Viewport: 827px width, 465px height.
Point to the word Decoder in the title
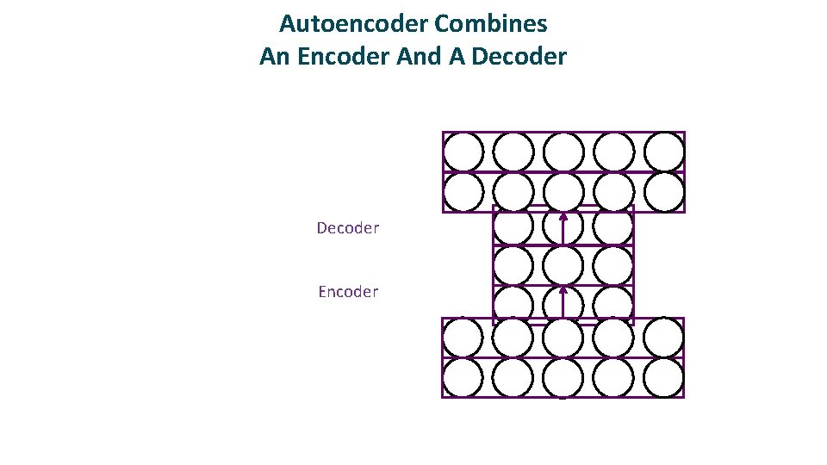point(520,57)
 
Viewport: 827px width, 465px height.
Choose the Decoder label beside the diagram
point(347,228)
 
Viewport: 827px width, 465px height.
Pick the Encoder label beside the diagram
point(347,292)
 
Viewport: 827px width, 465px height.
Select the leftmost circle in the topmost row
point(463,152)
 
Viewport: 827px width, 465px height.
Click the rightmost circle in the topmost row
point(664,152)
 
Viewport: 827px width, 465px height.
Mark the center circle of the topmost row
point(563,152)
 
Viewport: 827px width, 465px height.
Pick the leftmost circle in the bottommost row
point(463,377)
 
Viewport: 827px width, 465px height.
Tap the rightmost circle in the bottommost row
point(664,377)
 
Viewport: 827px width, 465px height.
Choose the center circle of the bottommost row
point(563,377)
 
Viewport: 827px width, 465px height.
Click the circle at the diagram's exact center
point(563,265)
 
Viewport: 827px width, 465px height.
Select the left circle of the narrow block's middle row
point(513,265)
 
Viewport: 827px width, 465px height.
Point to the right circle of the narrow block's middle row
point(613,265)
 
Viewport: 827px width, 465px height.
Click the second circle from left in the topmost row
point(513,152)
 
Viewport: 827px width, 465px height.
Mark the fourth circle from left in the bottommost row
point(613,377)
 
